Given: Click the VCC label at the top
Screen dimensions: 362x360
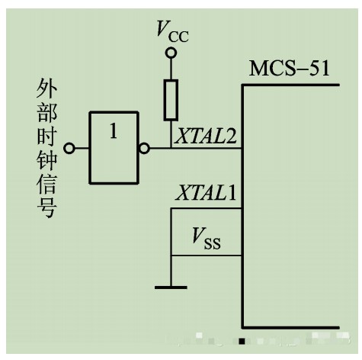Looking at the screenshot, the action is click(x=172, y=31).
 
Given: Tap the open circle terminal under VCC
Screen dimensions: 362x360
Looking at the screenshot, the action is click(x=171, y=53).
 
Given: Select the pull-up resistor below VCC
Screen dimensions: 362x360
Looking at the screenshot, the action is click(x=171, y=100).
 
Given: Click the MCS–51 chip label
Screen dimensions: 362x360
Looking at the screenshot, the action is click(x=290, y=68).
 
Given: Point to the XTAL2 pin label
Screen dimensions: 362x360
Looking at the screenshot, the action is click(x=206, y=136).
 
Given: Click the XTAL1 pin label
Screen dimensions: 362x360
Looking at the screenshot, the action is click(x=206, y=192).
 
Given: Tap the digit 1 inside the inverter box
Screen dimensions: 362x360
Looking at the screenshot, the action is click(x=114, y=130).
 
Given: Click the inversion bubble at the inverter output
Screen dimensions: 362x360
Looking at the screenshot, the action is click(x=144, y=148).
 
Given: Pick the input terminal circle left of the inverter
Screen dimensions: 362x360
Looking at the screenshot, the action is click(x=69, y=148).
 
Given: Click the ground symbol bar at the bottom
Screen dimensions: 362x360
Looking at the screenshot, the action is click(x=171, y=288).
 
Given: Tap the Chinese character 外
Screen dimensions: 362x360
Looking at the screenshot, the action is click(x=46, y=88).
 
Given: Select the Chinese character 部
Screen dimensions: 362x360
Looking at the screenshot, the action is click(x=46, y=112).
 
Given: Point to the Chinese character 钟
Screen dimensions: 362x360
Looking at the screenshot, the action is click(x=46, y=159).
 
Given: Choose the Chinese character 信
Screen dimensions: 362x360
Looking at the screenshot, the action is click(x=46, y=184).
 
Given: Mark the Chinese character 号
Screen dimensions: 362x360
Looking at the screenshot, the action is click(x=46, y=207).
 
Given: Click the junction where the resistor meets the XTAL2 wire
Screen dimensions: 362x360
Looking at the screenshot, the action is click(x=171, y=148).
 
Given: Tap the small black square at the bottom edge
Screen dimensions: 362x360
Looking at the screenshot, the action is click(x=242, y=341).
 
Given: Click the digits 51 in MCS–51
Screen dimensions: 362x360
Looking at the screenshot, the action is click(x=319, y=68).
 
